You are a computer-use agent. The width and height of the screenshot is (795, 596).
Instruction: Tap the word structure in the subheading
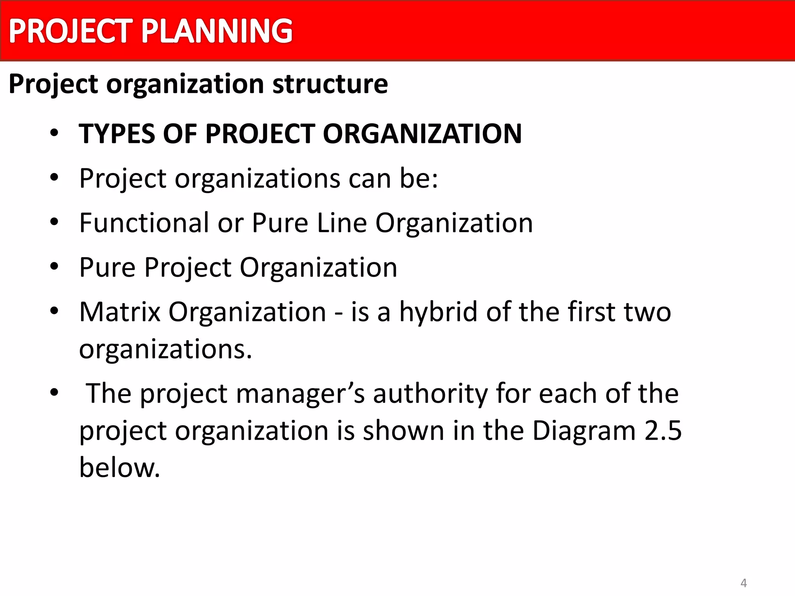pos(330,84)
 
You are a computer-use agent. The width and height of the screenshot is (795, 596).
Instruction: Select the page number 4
pos(744,583)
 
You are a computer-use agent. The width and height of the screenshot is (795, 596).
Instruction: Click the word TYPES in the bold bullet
pos(117,134)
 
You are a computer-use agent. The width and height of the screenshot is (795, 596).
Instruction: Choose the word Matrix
pos(120,312)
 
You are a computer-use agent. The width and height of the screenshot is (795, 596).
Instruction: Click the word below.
pos(120,468)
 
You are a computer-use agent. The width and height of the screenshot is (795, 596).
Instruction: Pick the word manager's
pos(300,394)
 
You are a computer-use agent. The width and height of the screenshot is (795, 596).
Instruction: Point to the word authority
pos(430,394)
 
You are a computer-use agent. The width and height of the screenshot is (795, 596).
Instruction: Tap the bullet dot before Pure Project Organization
pos(54,267)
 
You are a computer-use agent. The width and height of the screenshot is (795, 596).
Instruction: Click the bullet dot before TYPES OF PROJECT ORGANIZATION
pos(54,133)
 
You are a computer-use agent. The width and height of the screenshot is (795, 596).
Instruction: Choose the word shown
pos(403,431)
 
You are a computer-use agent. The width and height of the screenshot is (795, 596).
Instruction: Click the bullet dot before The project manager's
pos(54,393)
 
